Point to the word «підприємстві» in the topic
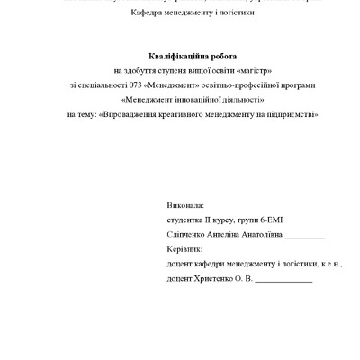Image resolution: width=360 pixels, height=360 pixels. (x=296, y=114)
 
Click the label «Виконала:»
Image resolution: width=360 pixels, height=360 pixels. (x=185, y=206)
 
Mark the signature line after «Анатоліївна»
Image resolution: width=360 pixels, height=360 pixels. (x=310, y=237)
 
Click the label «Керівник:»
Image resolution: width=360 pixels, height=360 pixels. (x=185, y=249)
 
